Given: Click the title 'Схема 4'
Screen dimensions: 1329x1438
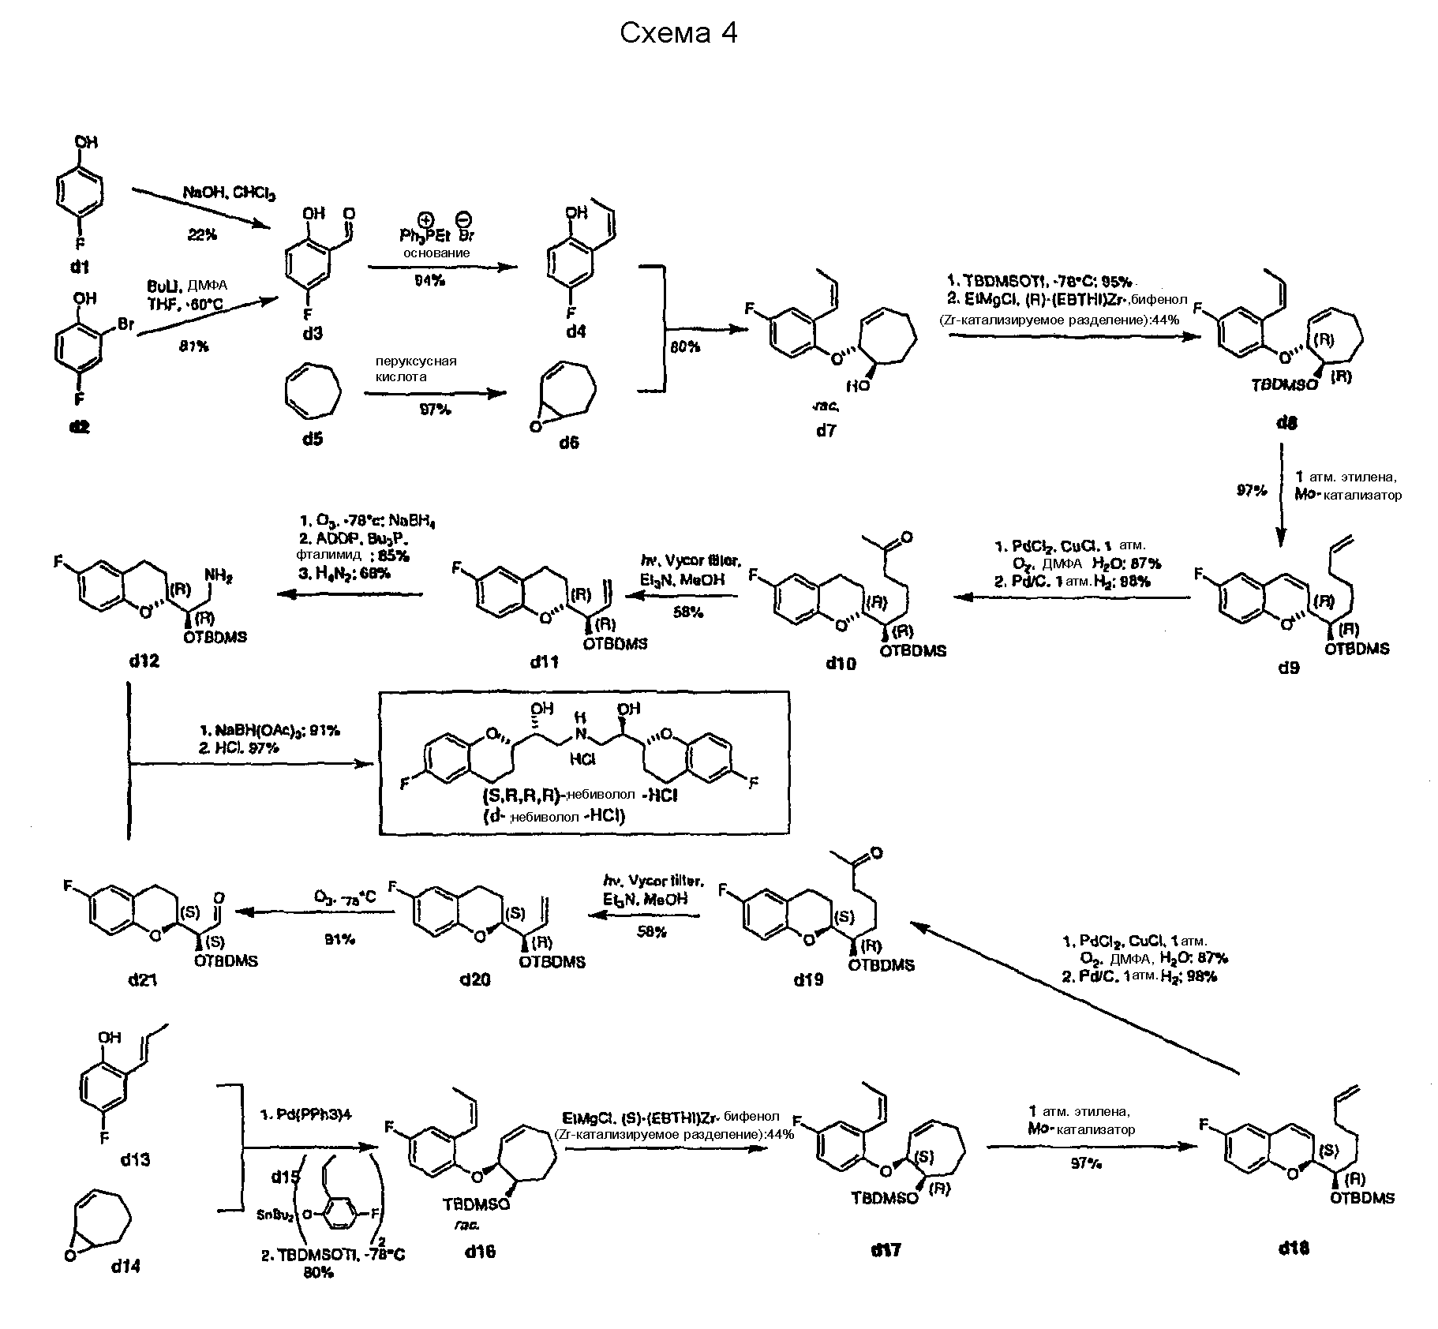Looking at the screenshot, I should (x=678, y=33).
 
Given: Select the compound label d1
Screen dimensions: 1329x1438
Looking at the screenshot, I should (x=80, y=267).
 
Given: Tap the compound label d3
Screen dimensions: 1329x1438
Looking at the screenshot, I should (x=313, y=334).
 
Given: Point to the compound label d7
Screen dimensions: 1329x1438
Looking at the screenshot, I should (x=826, y=430).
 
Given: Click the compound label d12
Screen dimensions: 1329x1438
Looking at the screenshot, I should (x=144, y=660).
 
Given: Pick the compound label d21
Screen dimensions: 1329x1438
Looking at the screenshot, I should (x=143, y=979).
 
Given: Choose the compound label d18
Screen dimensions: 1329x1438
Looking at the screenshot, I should (x=1294, y=1249).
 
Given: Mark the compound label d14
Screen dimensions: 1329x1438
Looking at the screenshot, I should (x=126, y=1266).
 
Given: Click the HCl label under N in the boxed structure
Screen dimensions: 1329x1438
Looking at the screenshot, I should (x=582, y=759).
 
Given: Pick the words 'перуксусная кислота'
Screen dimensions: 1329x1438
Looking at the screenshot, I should (x=416, y=369).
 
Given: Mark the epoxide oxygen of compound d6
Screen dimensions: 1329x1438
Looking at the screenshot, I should (x=537, y=427).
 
